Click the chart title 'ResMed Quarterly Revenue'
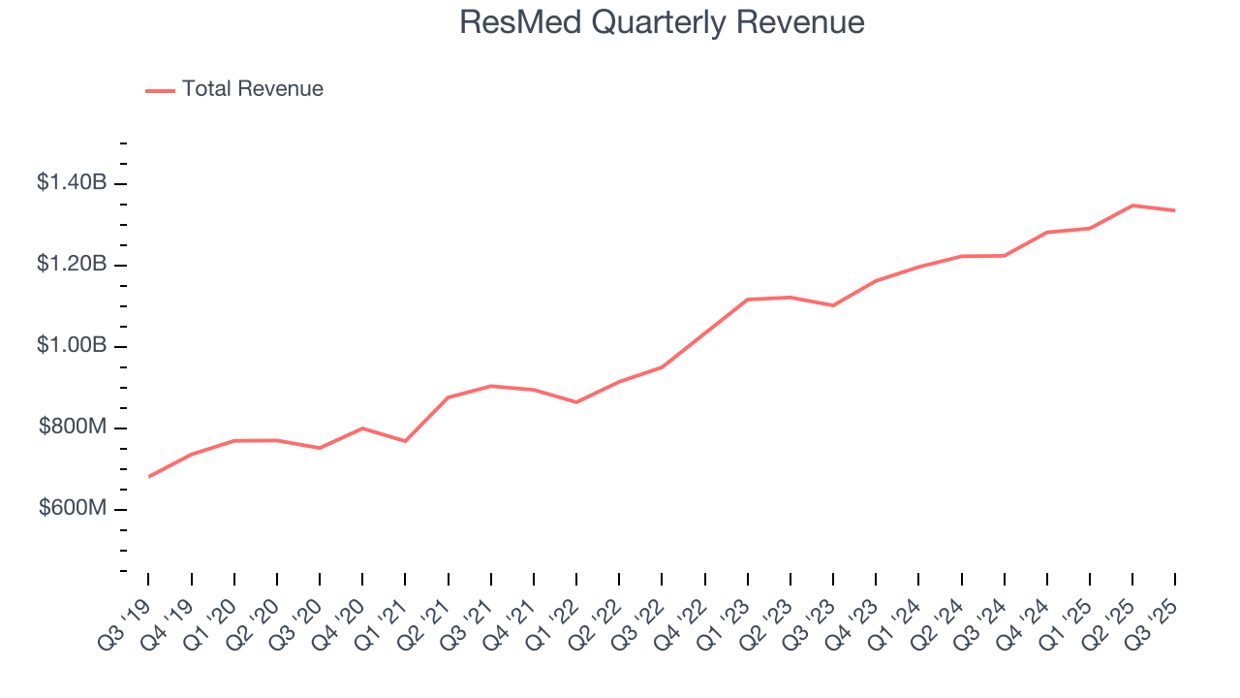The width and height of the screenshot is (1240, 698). [662, 21]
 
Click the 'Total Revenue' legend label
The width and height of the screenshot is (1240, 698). [252, 89]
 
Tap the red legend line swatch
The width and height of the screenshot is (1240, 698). [160, 90]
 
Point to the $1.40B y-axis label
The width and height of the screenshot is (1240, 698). [72, 182]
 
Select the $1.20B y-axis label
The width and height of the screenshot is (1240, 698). [72, 265]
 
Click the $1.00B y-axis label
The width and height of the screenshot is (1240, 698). [72, 346]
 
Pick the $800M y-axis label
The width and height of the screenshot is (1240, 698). [73, 428]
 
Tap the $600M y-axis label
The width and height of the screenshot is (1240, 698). [73, 510]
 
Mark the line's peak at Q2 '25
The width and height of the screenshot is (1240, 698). [1132, 206]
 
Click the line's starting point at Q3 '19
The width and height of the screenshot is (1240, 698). [148, 477]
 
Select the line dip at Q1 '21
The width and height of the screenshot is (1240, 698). [405, 441]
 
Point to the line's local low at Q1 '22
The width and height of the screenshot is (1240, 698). [576, 402]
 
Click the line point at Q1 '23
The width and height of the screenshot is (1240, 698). [747, 300]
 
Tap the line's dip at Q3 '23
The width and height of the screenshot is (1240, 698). [833, 305]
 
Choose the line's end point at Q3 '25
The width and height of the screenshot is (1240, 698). [1175, 210]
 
